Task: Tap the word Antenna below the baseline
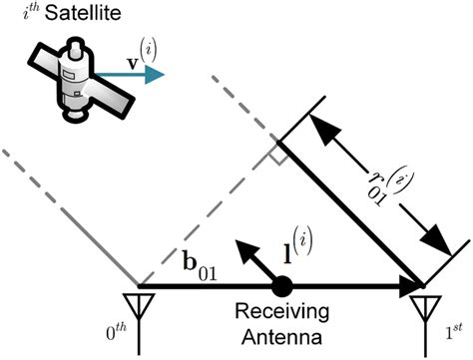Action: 281,337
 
